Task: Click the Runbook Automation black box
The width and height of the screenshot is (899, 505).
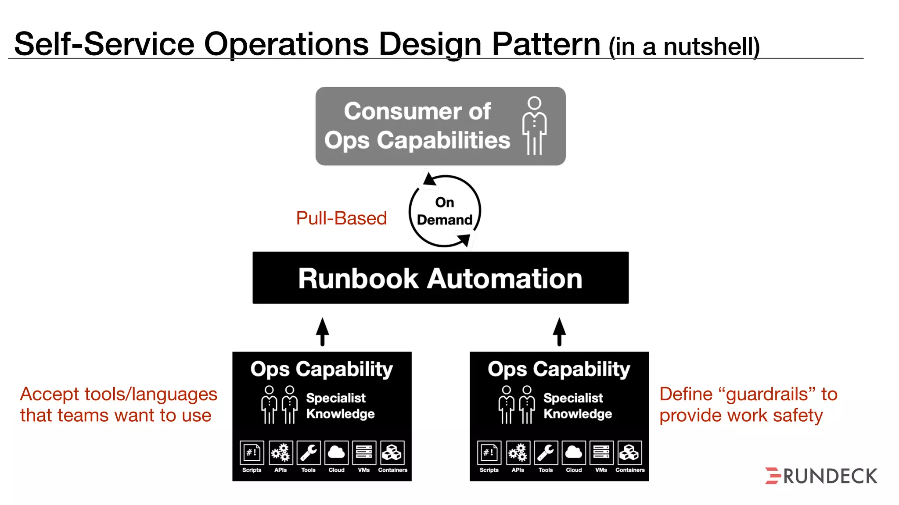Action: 440,278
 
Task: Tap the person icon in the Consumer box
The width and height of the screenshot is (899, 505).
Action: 534,126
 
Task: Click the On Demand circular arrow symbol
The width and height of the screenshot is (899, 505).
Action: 445,211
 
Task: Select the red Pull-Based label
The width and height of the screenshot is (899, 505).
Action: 341,218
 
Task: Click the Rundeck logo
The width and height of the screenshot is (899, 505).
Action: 821,476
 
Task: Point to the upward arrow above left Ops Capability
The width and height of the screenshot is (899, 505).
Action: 323,332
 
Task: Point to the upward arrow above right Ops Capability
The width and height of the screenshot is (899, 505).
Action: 559,332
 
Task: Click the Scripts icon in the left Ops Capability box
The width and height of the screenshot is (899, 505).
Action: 252,452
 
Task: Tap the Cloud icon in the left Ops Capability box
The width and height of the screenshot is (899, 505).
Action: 336,452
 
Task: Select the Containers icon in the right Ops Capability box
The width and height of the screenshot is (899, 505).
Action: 629,452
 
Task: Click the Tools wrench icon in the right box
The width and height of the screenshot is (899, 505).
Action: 546,452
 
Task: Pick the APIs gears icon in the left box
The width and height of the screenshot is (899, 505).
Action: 280,452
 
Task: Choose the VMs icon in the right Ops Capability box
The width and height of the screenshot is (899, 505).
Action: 601,452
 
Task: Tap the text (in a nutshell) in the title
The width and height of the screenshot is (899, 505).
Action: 684,47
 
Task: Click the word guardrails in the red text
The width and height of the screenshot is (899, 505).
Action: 766,394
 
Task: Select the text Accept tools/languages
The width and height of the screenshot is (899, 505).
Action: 119,394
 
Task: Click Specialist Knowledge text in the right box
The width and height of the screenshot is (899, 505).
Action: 577,406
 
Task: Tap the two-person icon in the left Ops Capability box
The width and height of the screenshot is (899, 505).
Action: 279,405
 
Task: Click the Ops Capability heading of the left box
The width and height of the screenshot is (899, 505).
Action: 322,369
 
